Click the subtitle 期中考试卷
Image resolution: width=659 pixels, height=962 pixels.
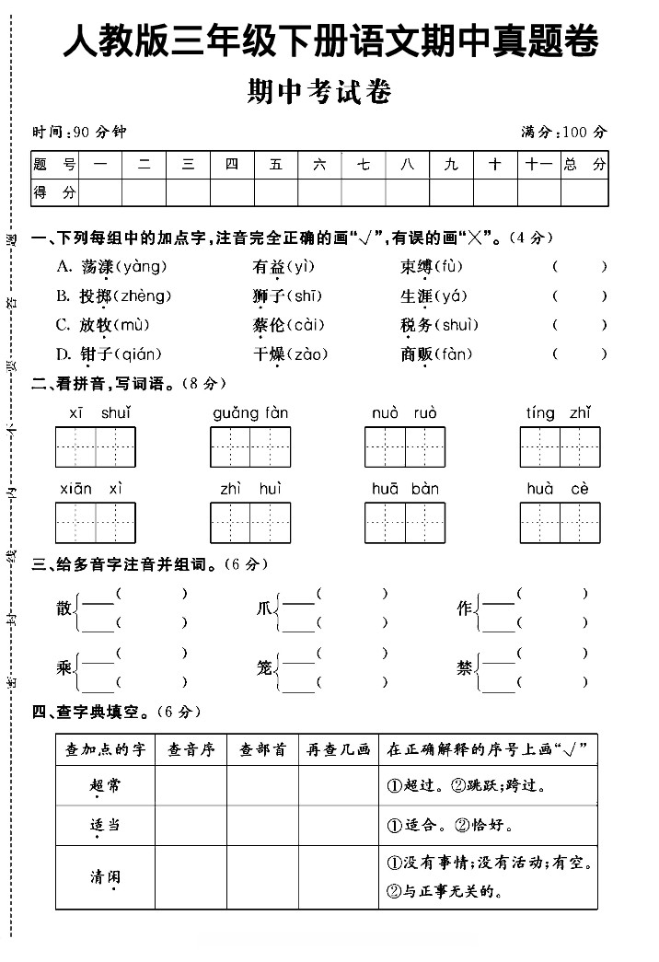(x=319, y=92)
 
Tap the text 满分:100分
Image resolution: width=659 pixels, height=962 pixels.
(x=563, y=132)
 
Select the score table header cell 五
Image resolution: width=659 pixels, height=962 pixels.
(x=276, y=165)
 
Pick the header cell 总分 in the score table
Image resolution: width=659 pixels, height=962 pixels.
(x=584, y=165)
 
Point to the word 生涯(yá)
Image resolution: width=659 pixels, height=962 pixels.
(x=434, y=296)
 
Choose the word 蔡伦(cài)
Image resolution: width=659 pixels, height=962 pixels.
(x=288, y=325)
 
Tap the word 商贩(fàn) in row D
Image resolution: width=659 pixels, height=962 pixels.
(x=435, y=354)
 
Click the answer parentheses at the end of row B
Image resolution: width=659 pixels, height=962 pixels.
(x=579, y=296)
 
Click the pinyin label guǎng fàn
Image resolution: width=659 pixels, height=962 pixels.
(x=250, y=413)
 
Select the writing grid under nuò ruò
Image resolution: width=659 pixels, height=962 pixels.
(x=405, y=447)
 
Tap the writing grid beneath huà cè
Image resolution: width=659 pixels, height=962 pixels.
(x=560, y=523)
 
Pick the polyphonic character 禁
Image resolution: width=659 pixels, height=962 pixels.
(x=465, y=668)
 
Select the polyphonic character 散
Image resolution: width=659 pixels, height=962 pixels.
(x=64, y=608)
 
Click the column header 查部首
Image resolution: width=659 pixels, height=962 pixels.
(x=262, y=749)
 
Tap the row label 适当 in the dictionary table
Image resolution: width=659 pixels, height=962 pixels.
(x=105, y=825)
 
